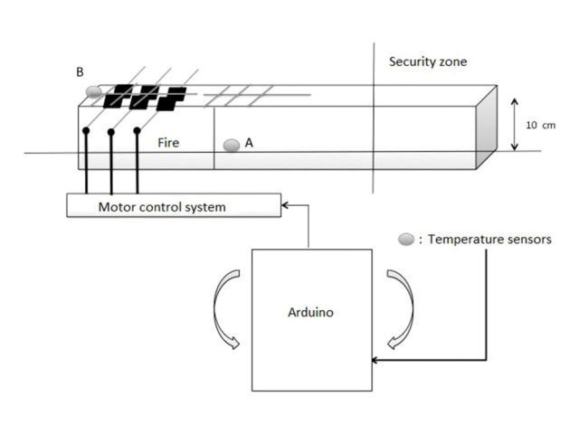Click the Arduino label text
click(310, 313)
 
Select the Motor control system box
click(174, 205)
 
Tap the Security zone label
click(428, 61)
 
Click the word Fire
click(168, 143)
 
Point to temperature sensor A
click(232, 145)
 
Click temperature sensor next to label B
click(94, 91)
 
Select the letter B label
click(80, 72)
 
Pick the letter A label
click(250, 143)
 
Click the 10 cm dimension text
click(541, 126)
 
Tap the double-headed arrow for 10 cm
click(514, 125)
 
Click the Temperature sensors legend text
click(489, 240)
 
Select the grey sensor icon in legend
click(406, 239)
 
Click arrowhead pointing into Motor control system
click(285, 205)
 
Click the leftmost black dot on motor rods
click(86, 130)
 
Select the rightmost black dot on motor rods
click(137, 130)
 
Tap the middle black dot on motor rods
click(111, 132)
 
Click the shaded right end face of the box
click(487, 127)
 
